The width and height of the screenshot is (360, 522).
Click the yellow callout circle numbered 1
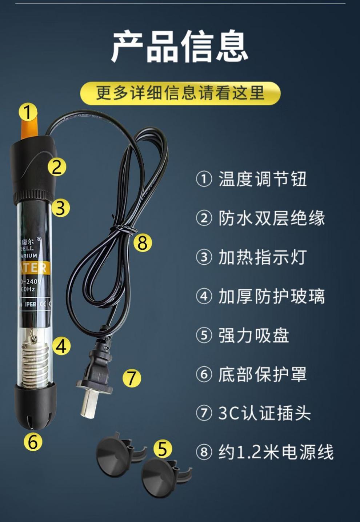(x=28, y=112)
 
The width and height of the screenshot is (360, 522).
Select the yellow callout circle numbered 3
(x=60, y=208)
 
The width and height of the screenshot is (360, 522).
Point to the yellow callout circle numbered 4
(x=61, y=346)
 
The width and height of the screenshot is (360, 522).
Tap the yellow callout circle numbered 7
(x=132, y=378)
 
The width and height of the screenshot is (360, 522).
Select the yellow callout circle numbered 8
(x=142, y=242)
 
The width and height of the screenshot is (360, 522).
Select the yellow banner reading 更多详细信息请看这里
(x=180, y=93)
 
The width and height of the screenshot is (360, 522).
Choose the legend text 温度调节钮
(x=262, y=179)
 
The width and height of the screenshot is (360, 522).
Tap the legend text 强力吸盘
(x=253, y=335)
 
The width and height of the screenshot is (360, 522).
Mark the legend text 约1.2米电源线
(x=276, y=452)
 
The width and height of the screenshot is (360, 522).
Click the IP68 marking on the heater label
(x=30, y=304)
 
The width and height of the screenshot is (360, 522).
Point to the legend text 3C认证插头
(x=264, y=413)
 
